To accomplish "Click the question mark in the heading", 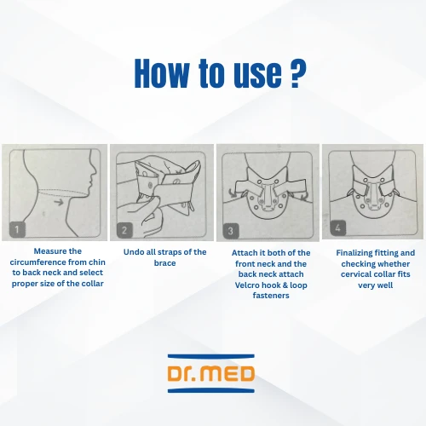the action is click(299, 73).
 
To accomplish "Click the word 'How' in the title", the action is click(161, 73).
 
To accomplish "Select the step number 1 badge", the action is click(17, 229).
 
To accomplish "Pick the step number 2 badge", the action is click(124, 230).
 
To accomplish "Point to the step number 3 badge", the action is click(231, 231).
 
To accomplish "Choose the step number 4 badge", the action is click(337, 227).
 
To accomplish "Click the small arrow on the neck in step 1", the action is click(59, 202).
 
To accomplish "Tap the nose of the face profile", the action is click(95, 170).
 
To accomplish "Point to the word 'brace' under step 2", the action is click(164, 263).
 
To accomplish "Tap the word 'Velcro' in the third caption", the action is click(246, 285).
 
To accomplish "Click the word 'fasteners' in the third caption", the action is click(271, 296).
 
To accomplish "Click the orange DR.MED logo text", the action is click(211, 373).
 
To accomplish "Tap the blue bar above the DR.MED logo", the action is click(211, 356).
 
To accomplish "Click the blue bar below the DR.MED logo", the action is click(211, 390).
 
